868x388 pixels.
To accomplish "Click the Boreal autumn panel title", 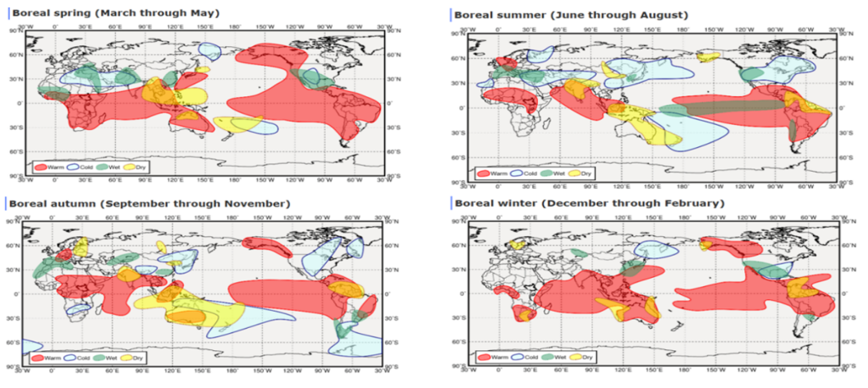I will click(x=149, y=203).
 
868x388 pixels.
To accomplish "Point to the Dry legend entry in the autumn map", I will click(x=131, y=358).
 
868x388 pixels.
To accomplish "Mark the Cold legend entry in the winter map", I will click(x=521, y=358).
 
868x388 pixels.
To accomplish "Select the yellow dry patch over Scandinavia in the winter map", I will click(x=519, y=243).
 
